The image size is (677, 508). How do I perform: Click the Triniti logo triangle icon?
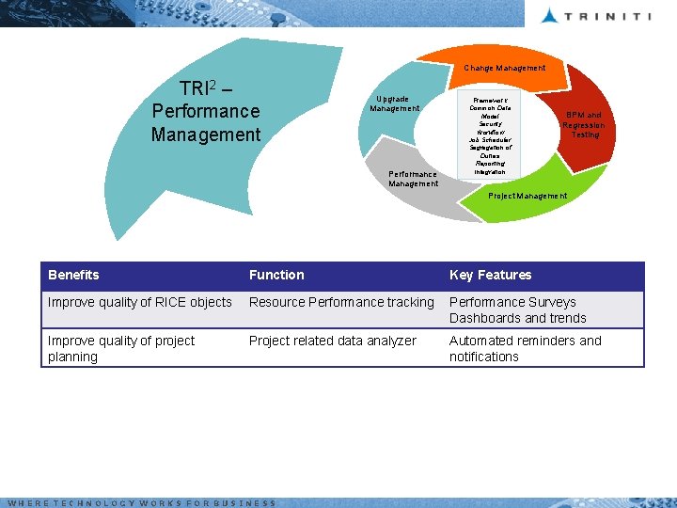pyautogui.click(x=550, y=14)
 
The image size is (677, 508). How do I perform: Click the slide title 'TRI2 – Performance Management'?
pyautogui.click(x=206, y=111)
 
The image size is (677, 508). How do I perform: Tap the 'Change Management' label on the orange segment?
pyautogui.click(x=504, y=68)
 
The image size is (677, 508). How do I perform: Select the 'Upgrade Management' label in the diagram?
pyautogui.click(x=394, y=103)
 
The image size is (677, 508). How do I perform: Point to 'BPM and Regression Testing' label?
pyautogui.click(x=584, y=124)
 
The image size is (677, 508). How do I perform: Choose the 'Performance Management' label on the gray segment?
pyautogui.click(x=413, y=179)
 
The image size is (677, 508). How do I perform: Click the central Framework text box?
pyautogui.click(x=490, y=134)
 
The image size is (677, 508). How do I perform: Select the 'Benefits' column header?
pyautogui.click(x=73, y=275)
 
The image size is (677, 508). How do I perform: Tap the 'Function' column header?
pyautogui.click(x=276, y=275)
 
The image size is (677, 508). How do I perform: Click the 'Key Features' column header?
pyautogui.click(x=490, y=275)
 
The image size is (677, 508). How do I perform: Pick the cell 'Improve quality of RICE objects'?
pyautogui.click(x=139, y=302)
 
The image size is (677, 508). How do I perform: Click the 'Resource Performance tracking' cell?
pyautogui.click(x=341, y=302)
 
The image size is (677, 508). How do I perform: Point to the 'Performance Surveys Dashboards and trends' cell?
pyautogui.click(x=517, y=310)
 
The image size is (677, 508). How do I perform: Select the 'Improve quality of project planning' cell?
pyautogui.click(x=121, y=348)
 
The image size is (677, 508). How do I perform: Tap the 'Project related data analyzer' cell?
pyautogui.click(x=332, y=341)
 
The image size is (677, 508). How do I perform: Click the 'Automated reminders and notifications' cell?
pyautogui.click(x=525, y=348)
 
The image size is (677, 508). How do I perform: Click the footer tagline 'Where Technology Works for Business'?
pyautogui.click(x=141, y=503)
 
